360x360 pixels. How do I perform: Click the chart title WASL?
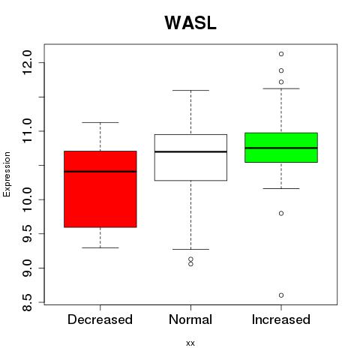click(190, 23)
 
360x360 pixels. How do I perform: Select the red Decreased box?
click(100, 189)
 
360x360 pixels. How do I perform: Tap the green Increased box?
click(281, 148)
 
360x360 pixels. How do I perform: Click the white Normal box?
click(190, 157)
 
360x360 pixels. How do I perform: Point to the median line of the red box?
click(100, 172)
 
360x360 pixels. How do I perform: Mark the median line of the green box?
click(281, 148)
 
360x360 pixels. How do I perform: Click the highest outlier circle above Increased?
click(281, 54)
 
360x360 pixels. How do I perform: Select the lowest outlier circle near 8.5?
click(281, 295)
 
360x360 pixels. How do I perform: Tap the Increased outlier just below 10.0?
click(281, 213)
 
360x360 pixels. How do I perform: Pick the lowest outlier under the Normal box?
click(190, 264)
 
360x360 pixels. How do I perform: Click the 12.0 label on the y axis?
click(27, 62)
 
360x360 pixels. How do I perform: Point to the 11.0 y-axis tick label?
click(27, 131)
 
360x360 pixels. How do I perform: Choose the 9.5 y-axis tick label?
click(27, 233)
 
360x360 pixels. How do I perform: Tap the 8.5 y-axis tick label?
click(27, 302)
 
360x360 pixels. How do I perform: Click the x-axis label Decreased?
click(100, 319)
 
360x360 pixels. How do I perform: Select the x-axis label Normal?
click(190, 319)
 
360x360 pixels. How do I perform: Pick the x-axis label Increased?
click(281, 319)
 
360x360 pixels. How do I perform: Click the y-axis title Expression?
click(7, 174)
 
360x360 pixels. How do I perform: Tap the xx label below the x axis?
click(190, 343)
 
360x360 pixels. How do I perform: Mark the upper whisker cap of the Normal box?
click(190, 90)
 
